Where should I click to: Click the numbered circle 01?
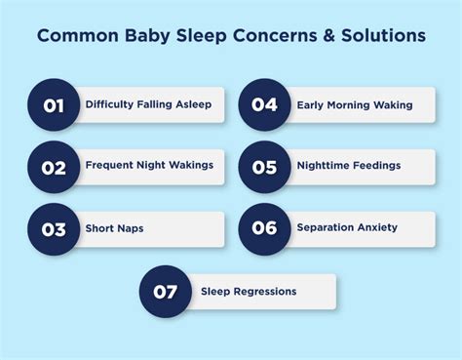(54, 104)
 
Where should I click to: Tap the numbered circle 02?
(54, 166)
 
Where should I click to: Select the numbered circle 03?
(54, 229)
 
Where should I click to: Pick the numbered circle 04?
(264, 104)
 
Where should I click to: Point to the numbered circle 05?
(264, 166)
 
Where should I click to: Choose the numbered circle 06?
(264, 229)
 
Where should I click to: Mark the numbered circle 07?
(166, 291)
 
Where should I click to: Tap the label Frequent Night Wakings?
(149, 166)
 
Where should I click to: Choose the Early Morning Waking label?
(355, 104)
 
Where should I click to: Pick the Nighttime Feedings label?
(349, 166)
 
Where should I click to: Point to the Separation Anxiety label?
(347, 228)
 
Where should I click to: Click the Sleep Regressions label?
(249, 291)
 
